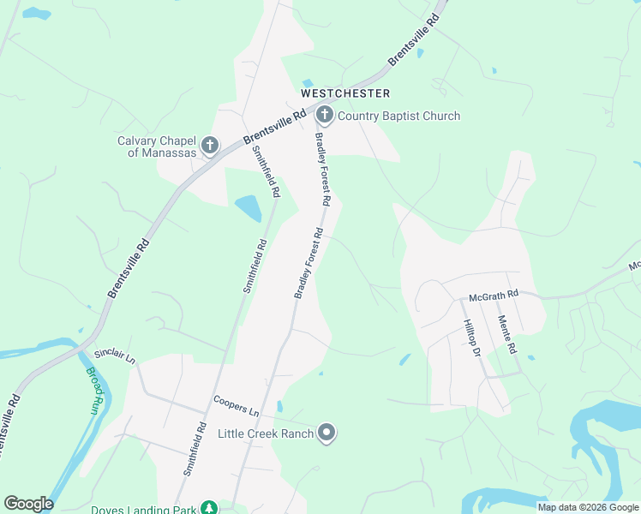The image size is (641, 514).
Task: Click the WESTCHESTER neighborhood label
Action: click(x=345, y=93)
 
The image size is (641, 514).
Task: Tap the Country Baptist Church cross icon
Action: click(x=324, y=115)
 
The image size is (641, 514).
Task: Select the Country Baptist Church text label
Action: click(x=399, y=116)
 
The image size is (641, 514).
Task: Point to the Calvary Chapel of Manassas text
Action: click(x=157, y=146)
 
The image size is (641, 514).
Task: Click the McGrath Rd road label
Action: click(x=494, y=295)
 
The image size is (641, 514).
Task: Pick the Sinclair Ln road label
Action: click(x=115, y=356)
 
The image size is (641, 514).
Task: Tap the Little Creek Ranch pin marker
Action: click(x=326, y=433)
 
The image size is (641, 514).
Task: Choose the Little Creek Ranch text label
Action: click(x=266, y=433)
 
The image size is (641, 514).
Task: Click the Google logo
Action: click(x=28, y=504)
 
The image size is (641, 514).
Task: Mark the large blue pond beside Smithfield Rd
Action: click(x=247, y=208)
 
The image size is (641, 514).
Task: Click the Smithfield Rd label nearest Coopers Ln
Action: click(x=195, y=449)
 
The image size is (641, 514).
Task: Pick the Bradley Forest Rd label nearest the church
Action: click(x=322, y=168)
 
